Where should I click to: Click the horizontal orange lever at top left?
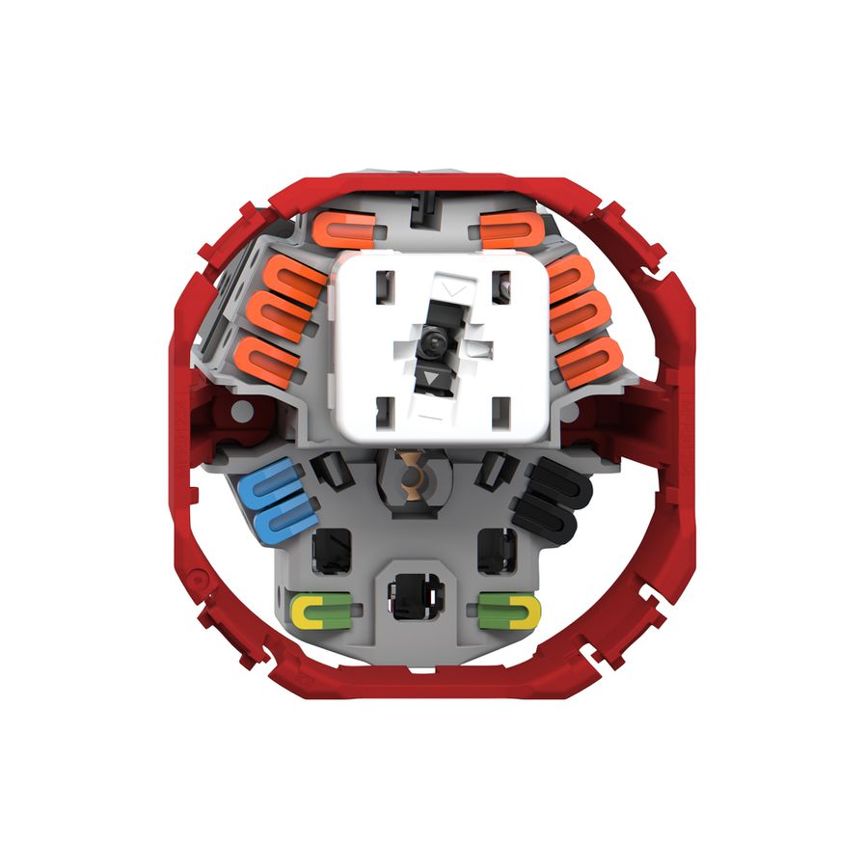342,231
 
